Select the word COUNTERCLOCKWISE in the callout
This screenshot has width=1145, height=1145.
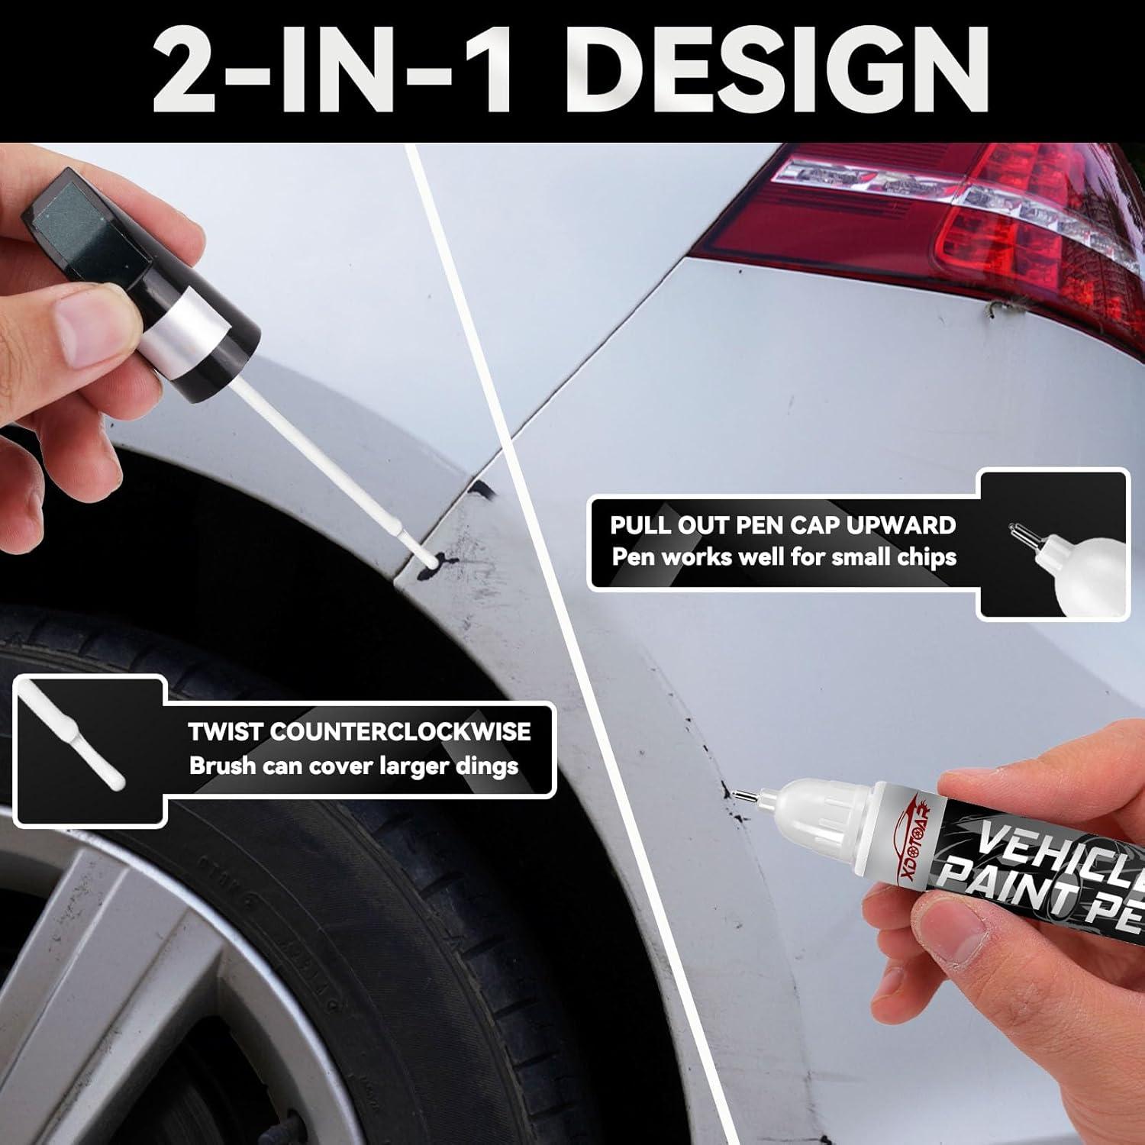[401, 731]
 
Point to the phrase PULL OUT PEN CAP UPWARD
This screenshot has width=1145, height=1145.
[782, 525]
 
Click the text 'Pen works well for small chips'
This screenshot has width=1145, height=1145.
[784, 556]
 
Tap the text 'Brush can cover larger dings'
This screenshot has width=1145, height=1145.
[353, 766]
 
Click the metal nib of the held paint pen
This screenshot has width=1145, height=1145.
[743, 796]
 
